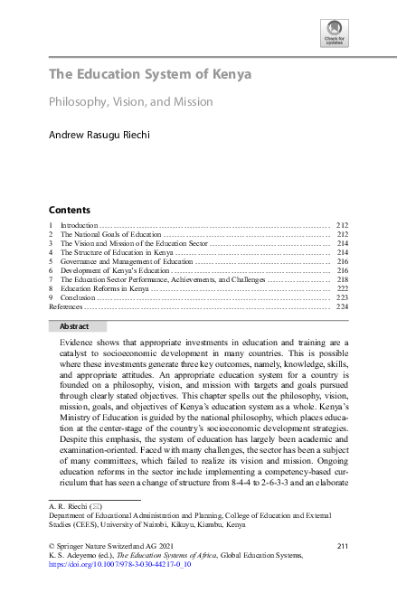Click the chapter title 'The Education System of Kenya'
150,74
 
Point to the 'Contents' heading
69,209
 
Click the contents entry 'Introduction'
77,224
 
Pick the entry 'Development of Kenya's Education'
114,270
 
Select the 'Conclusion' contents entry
76,297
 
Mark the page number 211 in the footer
342,545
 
